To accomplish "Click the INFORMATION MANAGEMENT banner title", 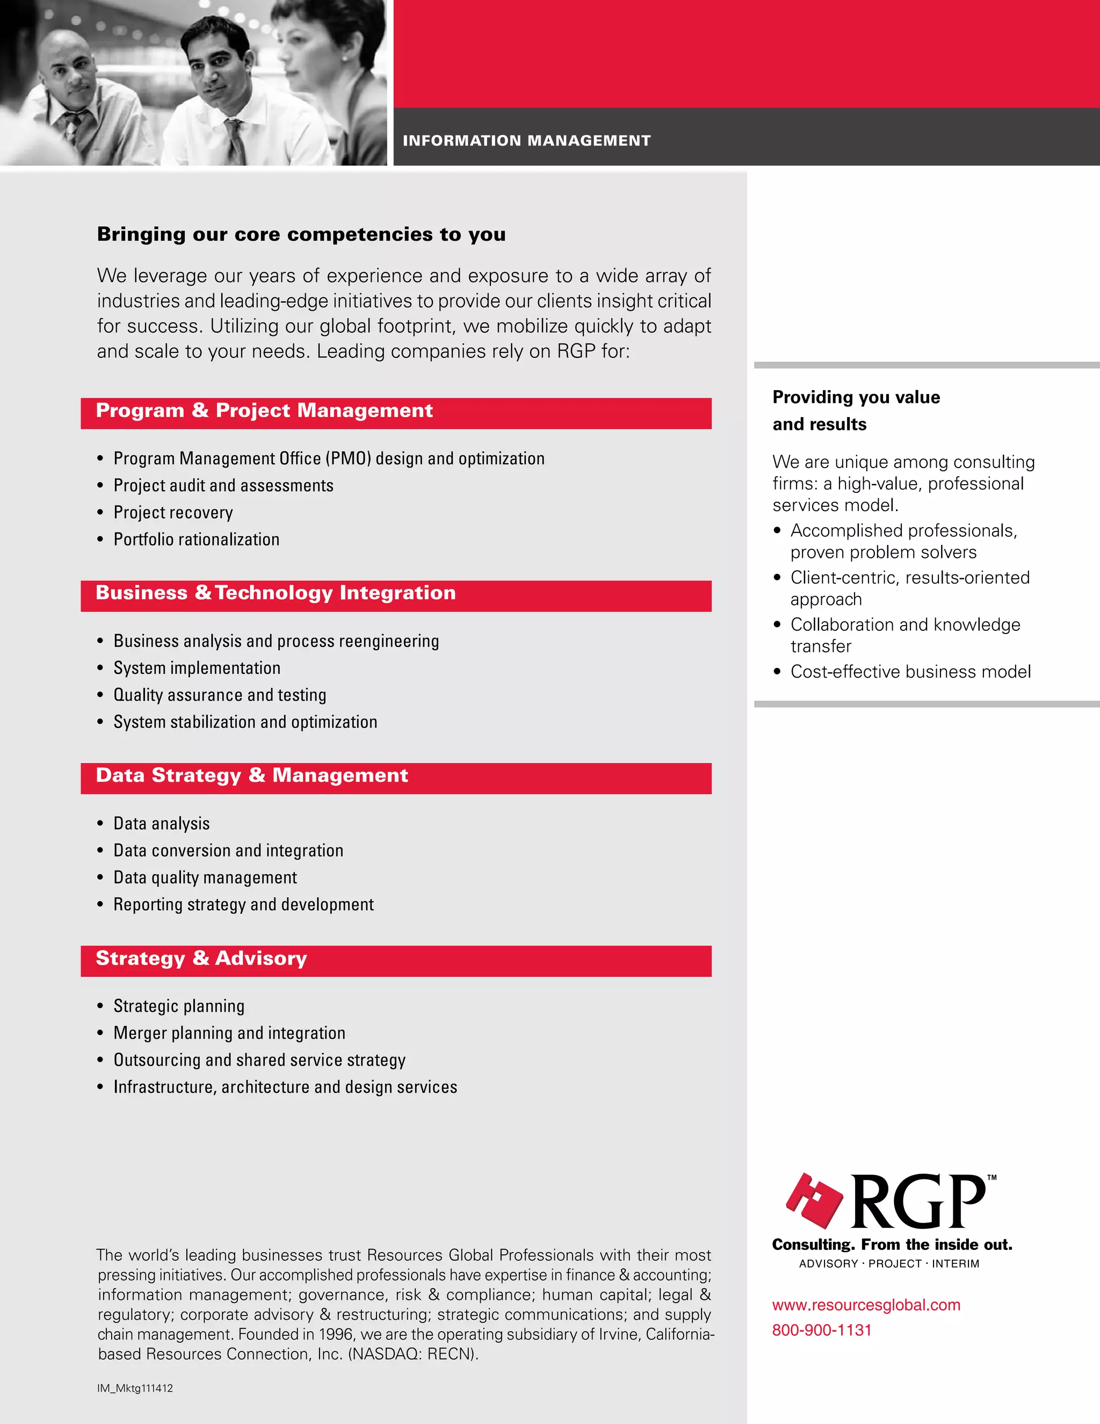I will pos(526,140).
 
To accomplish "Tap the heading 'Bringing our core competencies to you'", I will pos(301,234).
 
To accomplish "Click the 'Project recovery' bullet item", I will pos(173,513).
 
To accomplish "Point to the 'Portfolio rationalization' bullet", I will pos(196,539).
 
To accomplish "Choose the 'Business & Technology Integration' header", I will pos(276,593).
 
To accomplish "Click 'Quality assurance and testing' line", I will pos(220,695).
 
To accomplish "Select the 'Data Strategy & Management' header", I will pos(251,776).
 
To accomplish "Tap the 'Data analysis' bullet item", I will pos(162,823).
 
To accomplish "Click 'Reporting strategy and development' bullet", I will pos(243,904).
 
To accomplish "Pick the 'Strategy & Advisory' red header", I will pos(201,959).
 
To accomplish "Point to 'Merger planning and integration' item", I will pos(229,1033).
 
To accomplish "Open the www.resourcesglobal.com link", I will pos(866,1305).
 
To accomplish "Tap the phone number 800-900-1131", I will pos(822,1330).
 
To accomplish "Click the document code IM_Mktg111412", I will pos(135,1388).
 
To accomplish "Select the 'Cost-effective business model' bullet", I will pos(910,672).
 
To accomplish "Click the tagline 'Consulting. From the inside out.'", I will pos(892,1245).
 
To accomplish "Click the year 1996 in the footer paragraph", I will pos(337,1334).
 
